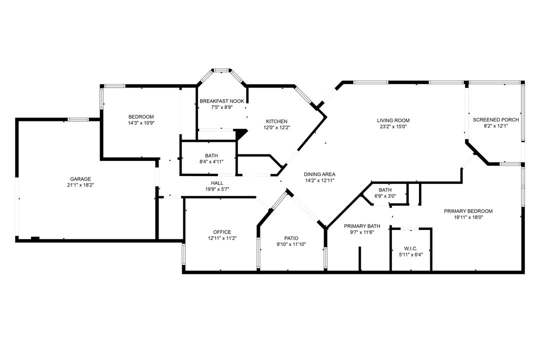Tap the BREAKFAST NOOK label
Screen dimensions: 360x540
tap(222, 101)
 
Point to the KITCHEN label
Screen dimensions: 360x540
tap(276, 121)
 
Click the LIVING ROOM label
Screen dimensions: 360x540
tap(393, 120)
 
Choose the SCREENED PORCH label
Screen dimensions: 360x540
tap(495, 119)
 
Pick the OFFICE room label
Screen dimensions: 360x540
tap(222, 232)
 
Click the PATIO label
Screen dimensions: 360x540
tap(291, 238)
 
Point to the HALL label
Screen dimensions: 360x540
tap(217, 183)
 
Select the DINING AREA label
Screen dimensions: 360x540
tap(319, 174)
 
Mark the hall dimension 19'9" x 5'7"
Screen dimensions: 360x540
tap(217, 189)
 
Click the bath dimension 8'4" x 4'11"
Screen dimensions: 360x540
tap(211, 162)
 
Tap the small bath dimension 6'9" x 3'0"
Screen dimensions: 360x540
tap(385, 196)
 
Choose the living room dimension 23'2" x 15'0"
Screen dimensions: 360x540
tap(393, 126)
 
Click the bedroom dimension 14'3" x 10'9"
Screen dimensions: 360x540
tap(141, 123)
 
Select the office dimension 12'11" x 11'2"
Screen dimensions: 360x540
tap(222, 238)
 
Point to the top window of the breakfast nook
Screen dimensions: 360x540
tap(222, 70)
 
